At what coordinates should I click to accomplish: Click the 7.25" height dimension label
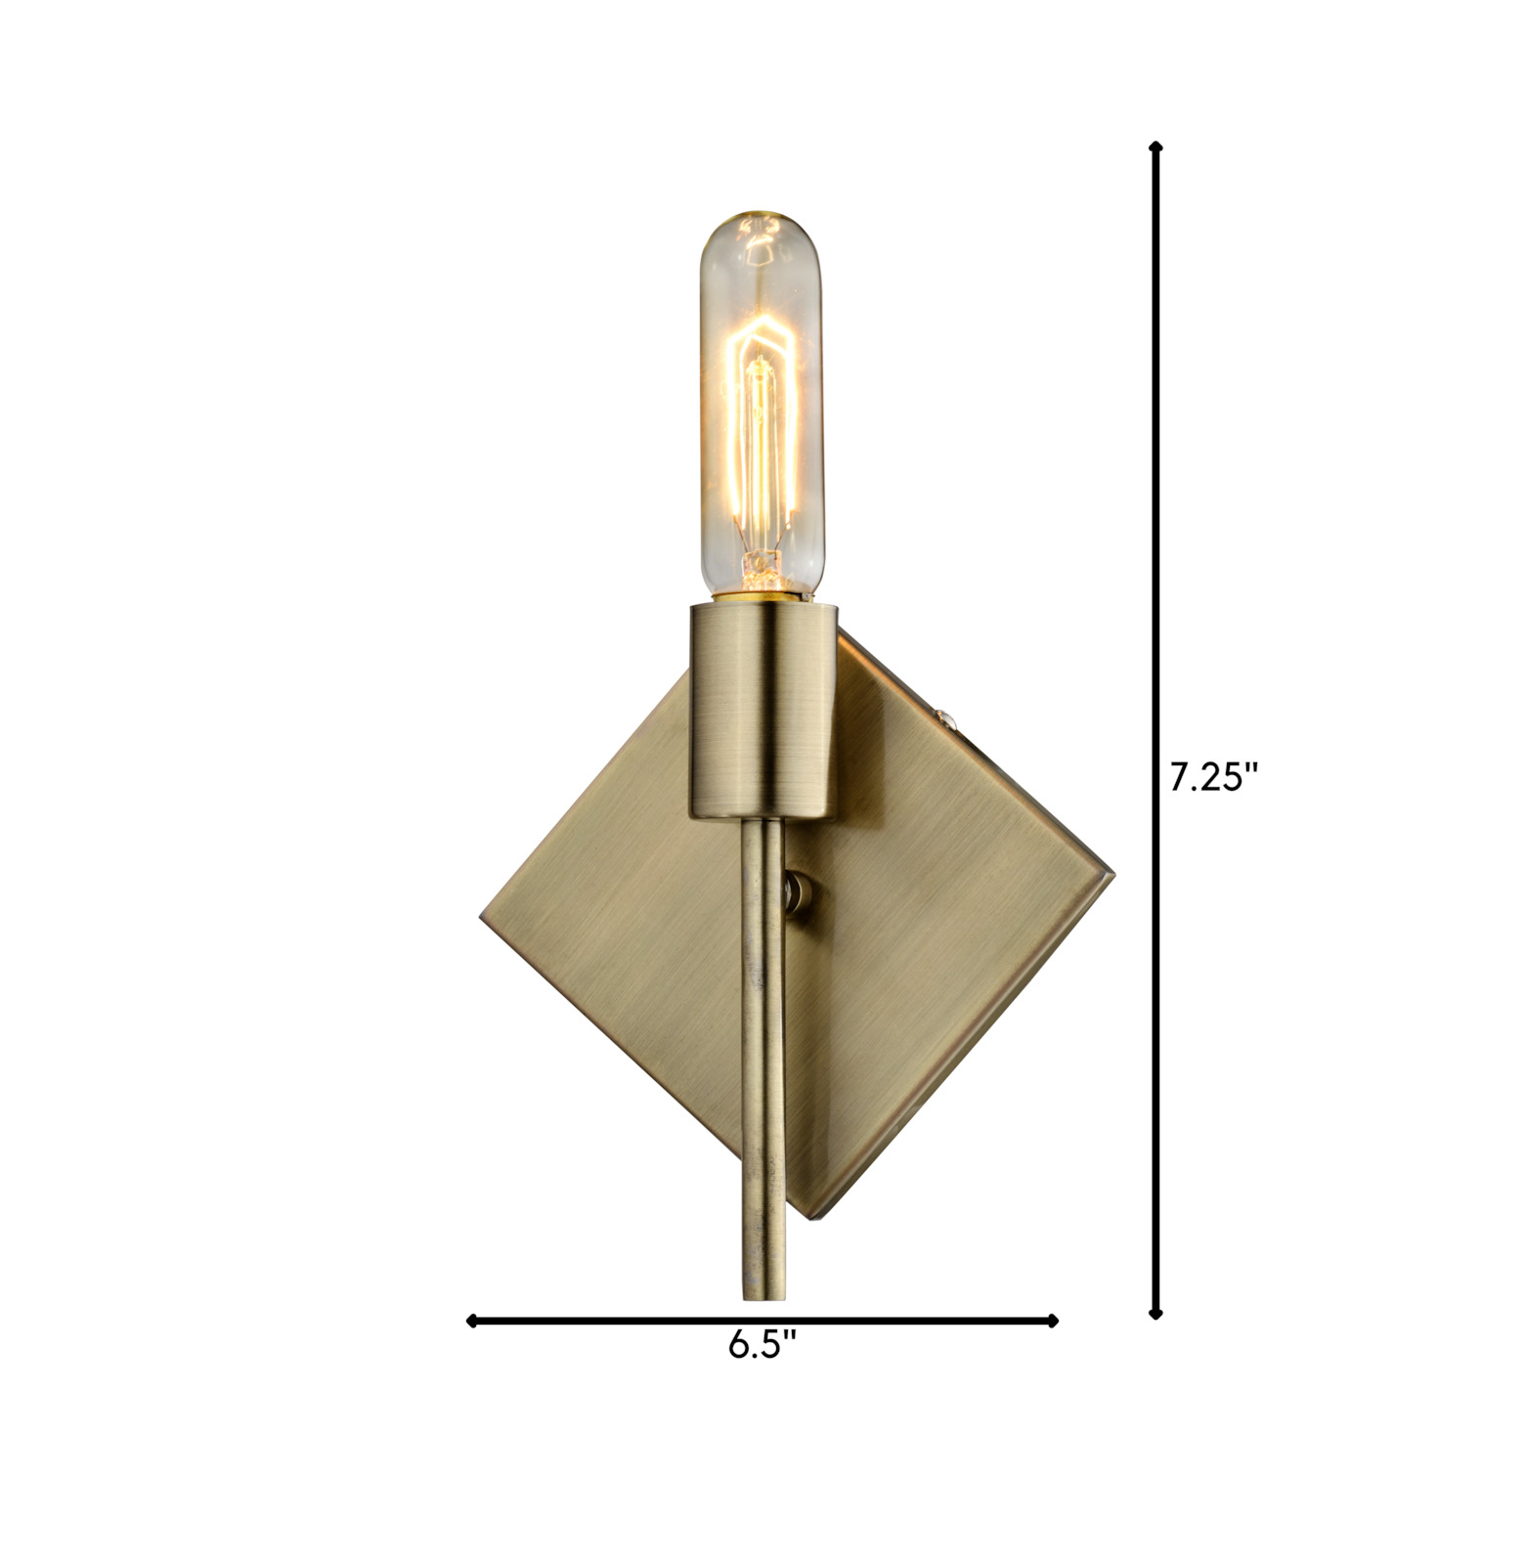click(x=1213, y=779)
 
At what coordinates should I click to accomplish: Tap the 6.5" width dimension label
click(x=762, y=1346)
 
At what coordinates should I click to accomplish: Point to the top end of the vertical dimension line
click(x=1156, y=145)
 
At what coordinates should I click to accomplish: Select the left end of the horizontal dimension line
click(x=472, y=1322)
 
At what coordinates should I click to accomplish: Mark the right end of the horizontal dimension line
click(x=1053, y=1322)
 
